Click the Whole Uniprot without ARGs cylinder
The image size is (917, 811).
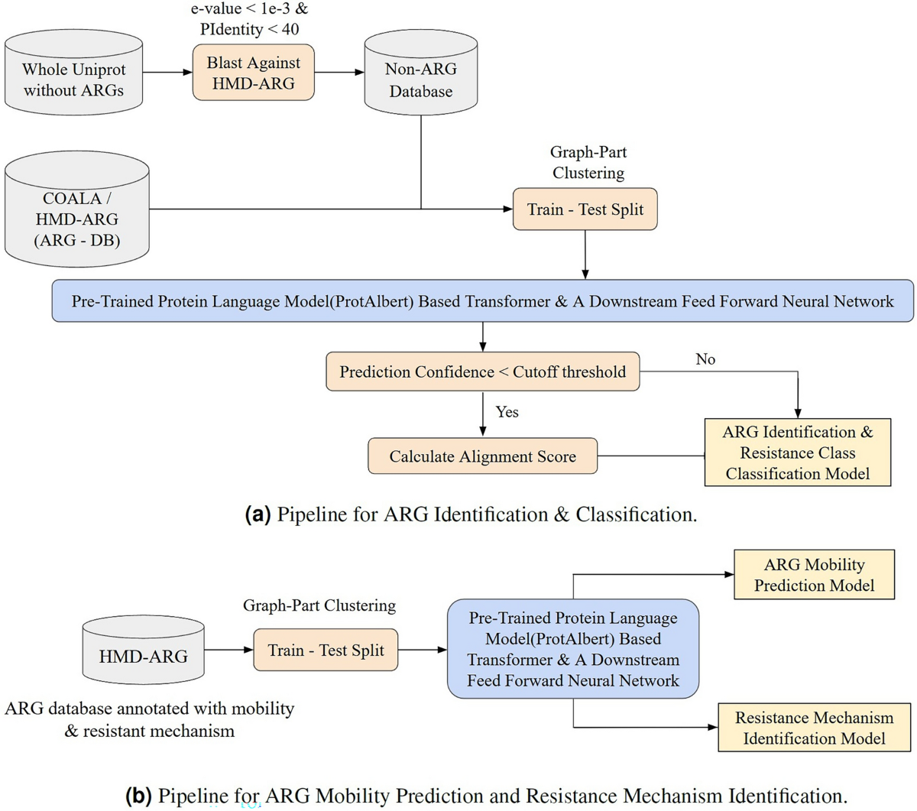[74, 73]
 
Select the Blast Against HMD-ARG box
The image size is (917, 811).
[254, 73]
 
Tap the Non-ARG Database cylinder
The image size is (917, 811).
[421, 73]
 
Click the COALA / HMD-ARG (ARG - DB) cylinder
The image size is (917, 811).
[77, 209]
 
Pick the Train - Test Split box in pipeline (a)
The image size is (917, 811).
[585, 209]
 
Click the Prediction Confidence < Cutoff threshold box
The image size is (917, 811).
[482, 371]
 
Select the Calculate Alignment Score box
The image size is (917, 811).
[482, 456]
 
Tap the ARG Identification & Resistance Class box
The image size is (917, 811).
[798, 453]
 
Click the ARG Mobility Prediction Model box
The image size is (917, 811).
[815, 575]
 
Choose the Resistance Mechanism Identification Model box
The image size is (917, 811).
[815, 728]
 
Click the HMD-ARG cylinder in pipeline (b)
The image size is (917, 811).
[144, 650]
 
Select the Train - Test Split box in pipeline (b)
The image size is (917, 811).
[326, 650]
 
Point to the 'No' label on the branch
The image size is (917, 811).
[705, 359]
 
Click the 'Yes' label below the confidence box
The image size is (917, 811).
[507, 411]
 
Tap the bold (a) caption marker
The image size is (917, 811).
[258, 514]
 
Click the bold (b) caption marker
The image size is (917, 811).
[138, 796]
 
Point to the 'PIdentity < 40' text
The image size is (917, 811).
[249, 30]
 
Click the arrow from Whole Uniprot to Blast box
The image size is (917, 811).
[168, 72]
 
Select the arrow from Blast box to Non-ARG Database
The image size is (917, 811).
[339, 72]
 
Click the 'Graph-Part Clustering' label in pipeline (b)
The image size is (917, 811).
[319, 605]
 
